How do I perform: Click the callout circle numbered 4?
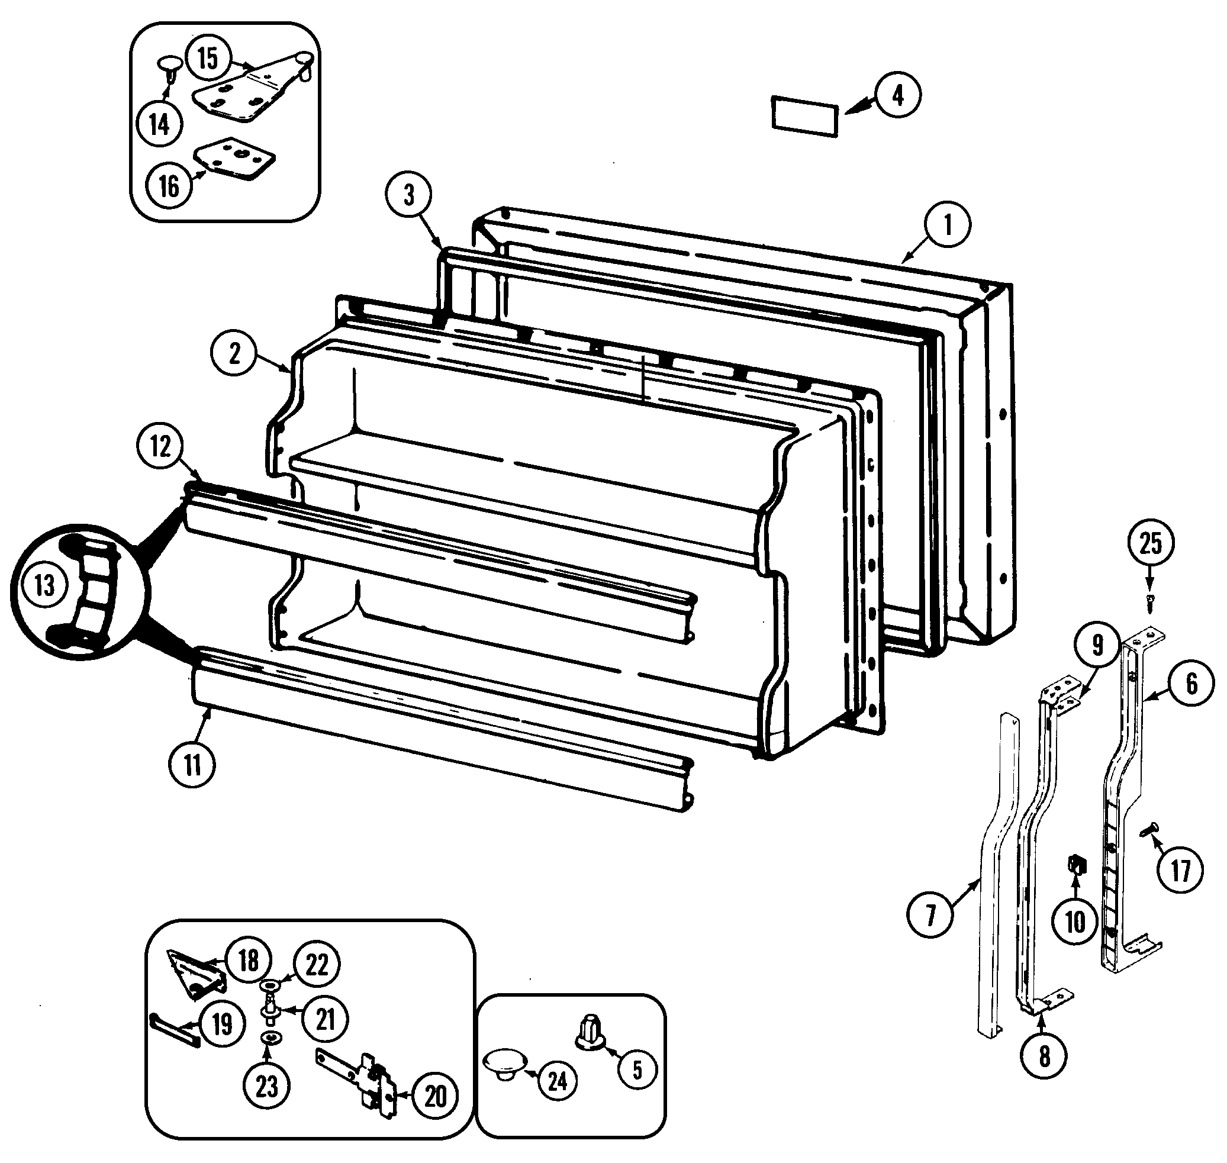click(898, 95)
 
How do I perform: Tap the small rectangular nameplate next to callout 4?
click(805, 116)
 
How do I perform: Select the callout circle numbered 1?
click(948, 225)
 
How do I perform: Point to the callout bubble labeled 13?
click(44, 585)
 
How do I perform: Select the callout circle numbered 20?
click(434, 1096)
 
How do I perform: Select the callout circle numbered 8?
click(1044, 1056)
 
